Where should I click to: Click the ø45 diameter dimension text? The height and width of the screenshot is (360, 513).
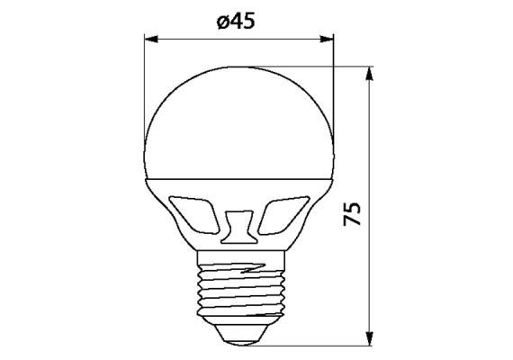(x=237, y=22)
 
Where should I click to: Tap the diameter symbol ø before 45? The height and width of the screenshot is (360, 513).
(x=221, y=23)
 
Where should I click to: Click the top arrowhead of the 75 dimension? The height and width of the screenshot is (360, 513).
(x=369, y=74)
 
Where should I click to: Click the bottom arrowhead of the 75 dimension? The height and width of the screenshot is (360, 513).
(x=369, y=339)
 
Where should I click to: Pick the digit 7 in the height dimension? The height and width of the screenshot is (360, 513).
(x=353, y=221)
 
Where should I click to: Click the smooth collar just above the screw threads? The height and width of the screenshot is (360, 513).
(x=239, y=251)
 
